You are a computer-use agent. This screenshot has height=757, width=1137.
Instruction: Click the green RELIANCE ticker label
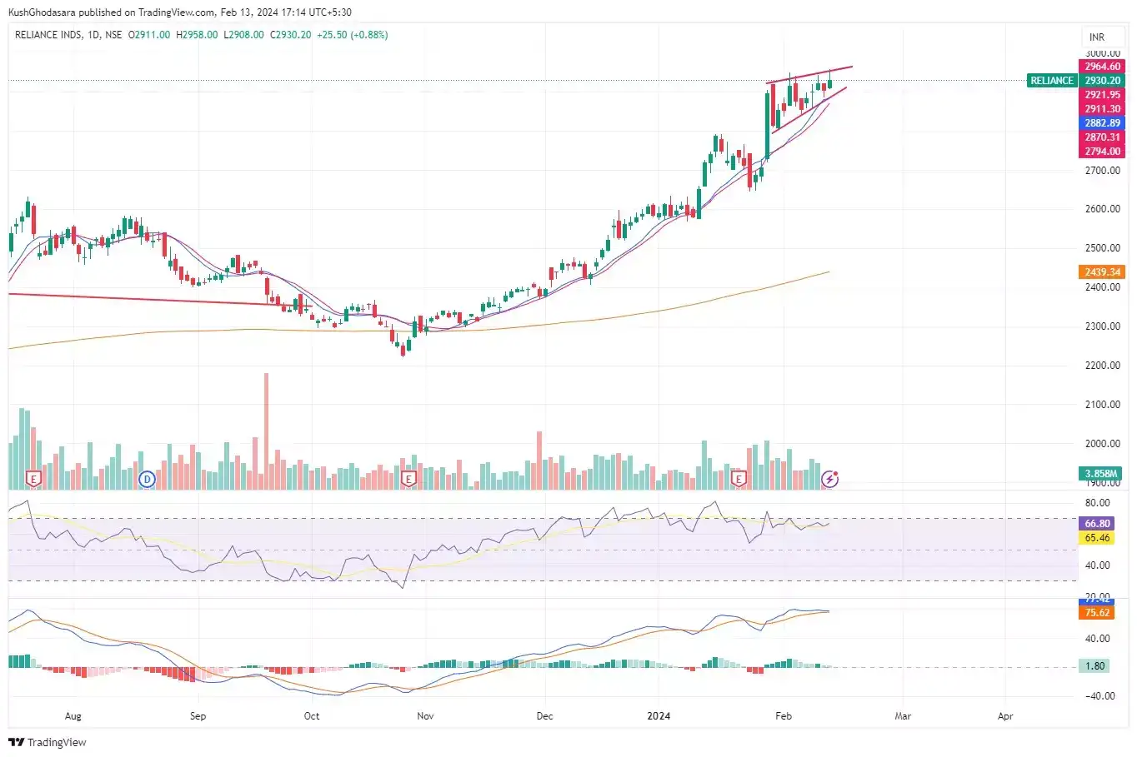(1052, 81)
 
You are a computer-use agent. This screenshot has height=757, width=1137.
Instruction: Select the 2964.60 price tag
(1102, 67)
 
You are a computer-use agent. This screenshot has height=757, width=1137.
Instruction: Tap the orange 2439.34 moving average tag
(1102, 272)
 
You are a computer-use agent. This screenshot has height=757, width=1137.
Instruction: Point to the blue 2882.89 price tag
(1102, 123)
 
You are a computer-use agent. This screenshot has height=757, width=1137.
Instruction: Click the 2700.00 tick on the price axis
(1102, 171)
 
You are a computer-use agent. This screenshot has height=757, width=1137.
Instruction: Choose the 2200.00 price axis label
(1102, 366)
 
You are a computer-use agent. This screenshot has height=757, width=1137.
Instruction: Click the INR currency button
(1097, 37)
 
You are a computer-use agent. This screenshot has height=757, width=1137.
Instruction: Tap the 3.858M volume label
(1100, 474)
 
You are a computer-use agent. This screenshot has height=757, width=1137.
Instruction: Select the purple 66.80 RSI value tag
(1097, 524)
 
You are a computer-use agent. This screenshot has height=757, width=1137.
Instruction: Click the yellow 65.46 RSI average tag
(1097, 538)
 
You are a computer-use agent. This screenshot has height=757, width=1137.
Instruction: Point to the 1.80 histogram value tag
(1094, 666)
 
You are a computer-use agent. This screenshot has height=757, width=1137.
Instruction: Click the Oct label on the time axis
(311, 716)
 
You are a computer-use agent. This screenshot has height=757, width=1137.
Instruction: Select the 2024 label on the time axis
(659, 716)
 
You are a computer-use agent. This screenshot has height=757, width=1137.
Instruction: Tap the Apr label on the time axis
(1005, 716)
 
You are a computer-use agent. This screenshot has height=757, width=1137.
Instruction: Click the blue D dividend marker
(147, 479)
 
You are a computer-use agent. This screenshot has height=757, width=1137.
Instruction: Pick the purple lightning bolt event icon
(829, 479)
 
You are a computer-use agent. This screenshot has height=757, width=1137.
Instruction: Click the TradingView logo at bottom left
(48, 742)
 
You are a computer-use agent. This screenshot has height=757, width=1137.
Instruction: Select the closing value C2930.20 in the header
(290, 35)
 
